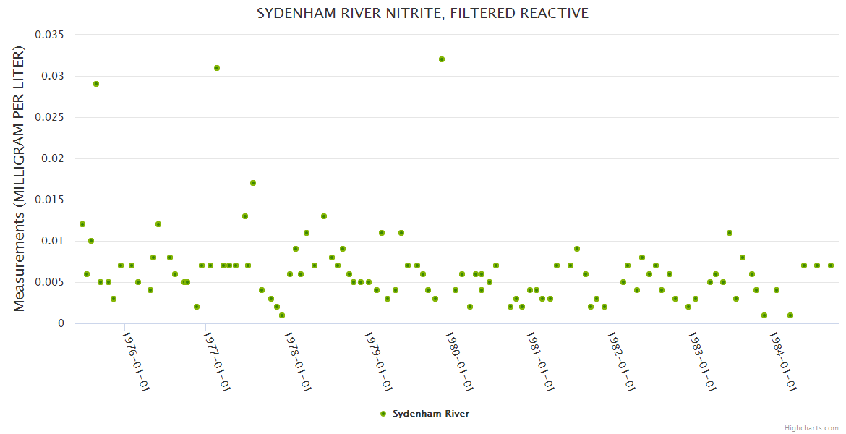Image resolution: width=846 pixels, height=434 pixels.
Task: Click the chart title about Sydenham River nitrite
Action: click(422, 13)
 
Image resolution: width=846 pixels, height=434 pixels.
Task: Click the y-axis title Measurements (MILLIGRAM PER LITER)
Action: click(20, 179)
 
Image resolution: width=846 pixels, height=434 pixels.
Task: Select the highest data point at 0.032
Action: click(442, 59)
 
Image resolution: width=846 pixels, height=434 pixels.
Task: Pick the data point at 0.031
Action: click(217, 68)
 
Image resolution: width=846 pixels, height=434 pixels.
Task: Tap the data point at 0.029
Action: click(96, 84)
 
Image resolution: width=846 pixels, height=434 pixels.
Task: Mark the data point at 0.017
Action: click(253, 183)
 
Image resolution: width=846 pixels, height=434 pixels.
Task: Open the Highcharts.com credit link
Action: click(811, 427)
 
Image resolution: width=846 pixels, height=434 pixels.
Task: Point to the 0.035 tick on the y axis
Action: click(48, 35)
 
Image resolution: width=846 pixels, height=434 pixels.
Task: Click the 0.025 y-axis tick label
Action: click(48, 117)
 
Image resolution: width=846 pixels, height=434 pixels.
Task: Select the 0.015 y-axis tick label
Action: click(48, 200)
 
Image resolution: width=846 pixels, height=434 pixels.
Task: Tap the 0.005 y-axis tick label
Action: click(48, 282)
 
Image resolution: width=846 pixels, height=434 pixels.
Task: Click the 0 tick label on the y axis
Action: click(61, 323)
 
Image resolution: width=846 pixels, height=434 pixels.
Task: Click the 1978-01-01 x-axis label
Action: click(296, 362)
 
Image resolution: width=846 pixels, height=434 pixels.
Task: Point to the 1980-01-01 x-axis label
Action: click(458, 362)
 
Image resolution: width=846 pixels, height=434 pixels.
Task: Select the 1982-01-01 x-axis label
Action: click(620, 362)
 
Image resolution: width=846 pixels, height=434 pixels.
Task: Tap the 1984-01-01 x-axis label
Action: click(782, 362)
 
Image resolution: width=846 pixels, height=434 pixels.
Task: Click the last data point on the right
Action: click(831, 265)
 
